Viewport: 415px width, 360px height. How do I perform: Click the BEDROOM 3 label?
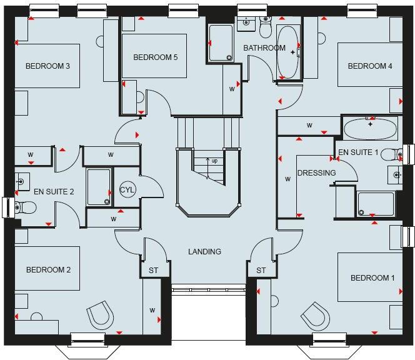pos(47,66)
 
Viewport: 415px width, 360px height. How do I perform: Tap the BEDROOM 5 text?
pos(156,57)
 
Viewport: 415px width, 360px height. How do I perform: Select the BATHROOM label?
pos(264,48)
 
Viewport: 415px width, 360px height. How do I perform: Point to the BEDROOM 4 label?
pos(370,66)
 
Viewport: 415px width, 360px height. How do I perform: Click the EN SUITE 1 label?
pos(359,152)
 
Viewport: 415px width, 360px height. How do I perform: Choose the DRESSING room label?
pos(317,173)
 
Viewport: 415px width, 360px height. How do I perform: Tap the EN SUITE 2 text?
pos(54,192)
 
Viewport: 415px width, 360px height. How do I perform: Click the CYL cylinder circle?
pos(127,190)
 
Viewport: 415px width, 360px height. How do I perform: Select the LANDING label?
pos(205,252)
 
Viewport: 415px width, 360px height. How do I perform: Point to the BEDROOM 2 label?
pos(48,270)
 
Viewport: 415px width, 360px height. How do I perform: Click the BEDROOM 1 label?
pos(372,277)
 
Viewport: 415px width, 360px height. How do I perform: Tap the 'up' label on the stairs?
pos(214,161)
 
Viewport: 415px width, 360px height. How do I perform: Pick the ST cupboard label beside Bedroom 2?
pos(153,271)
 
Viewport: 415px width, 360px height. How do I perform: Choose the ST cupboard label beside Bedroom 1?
pos(261,271)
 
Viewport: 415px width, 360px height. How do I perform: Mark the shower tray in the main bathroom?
pos(221,43)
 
